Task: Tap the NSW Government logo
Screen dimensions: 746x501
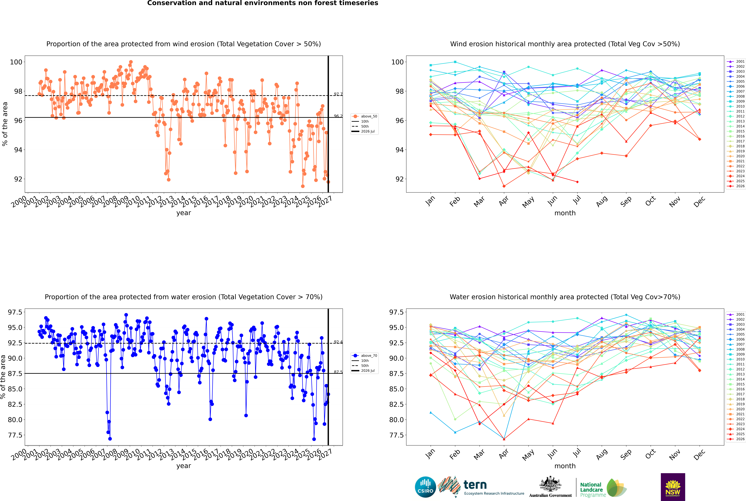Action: tap(673, 487)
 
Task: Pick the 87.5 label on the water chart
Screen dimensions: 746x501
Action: tap(338, 372)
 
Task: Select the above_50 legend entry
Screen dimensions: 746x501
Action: tap(365, 116)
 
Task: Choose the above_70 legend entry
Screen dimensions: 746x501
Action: tap(365, 356)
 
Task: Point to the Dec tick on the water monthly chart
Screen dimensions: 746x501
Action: tap(699, 454)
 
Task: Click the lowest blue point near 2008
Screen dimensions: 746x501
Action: tap(110, 439)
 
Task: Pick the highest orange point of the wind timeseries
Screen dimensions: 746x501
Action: tap(131, 62)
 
